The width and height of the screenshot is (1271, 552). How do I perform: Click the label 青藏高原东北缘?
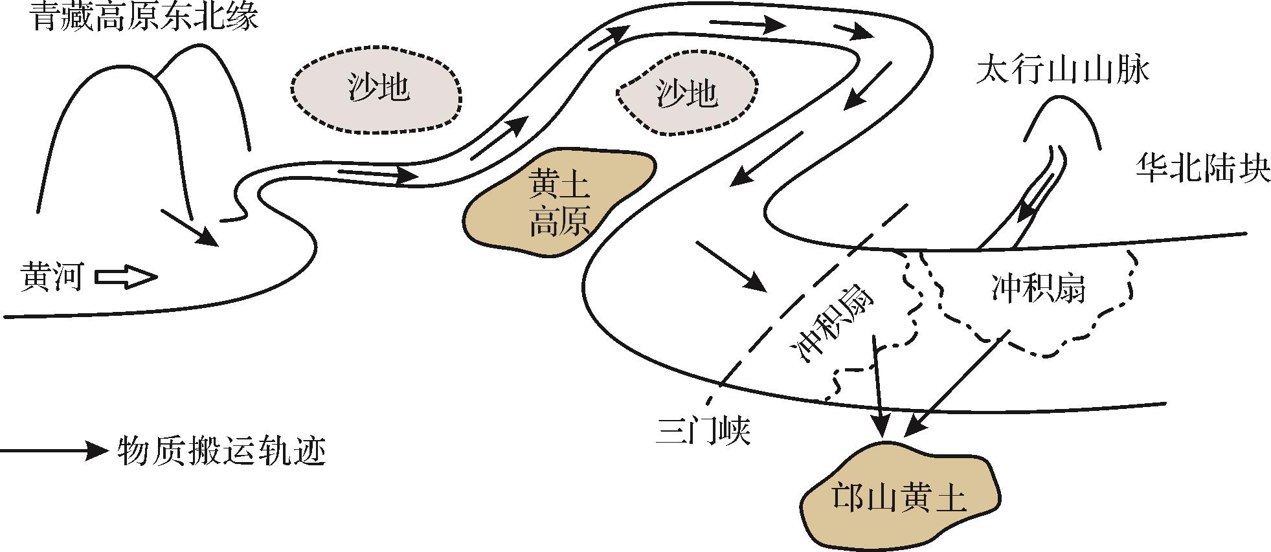[144, 17]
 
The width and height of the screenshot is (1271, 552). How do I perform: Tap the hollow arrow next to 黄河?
[126, 277]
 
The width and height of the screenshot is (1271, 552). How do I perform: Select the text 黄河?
[52, 277]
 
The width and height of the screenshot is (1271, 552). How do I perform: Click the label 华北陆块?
[1202, 170]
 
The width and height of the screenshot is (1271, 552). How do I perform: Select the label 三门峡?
[702, 430]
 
